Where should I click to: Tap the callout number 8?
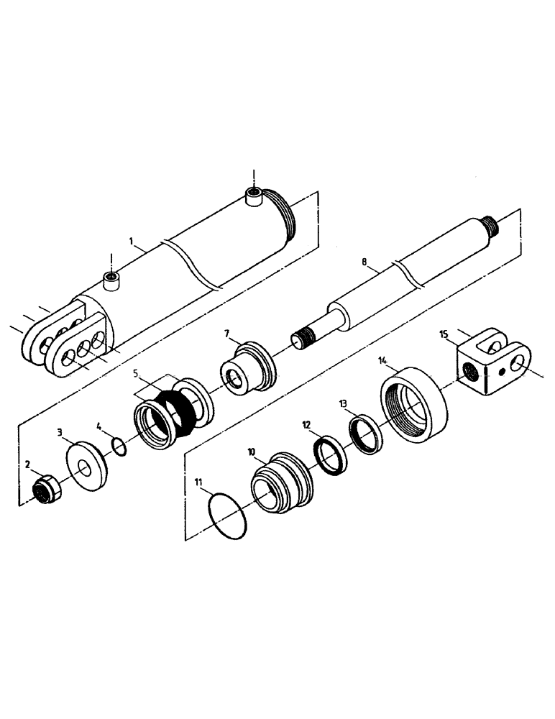[365, 264]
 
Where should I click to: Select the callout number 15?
[444, 334]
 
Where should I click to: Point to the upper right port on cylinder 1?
[252, 196]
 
